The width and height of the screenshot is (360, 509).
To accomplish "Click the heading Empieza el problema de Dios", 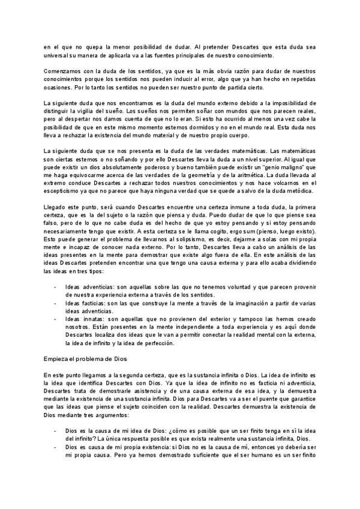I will [82, 358].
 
